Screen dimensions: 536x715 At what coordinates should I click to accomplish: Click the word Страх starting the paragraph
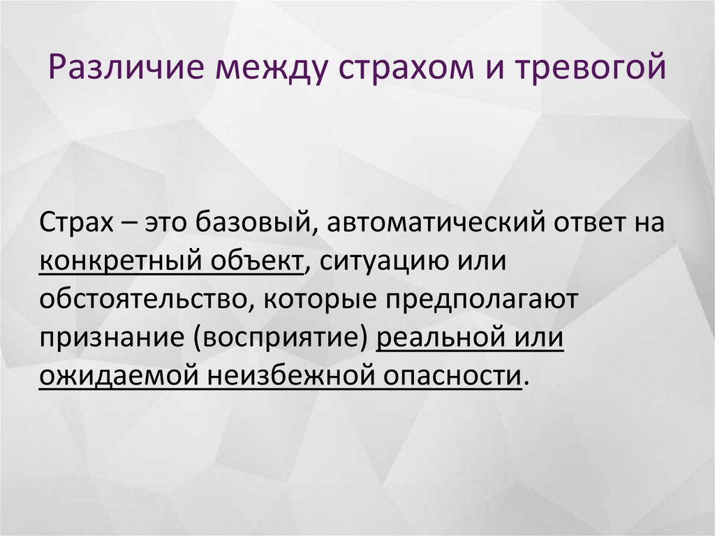(73, 224)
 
